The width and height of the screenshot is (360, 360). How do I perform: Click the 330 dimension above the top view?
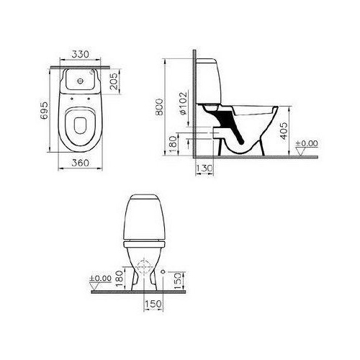coord(81,55)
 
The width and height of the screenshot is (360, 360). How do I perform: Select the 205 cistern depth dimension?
coord(114,81)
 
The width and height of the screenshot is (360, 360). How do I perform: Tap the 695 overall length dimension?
coord(44,111)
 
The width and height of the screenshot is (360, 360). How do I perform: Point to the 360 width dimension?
coord(81,163)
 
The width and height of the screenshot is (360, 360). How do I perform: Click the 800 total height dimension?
coord(159,107)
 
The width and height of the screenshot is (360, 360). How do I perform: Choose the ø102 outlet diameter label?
coord(183,104)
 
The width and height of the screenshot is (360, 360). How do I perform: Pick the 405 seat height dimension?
coord(284,131)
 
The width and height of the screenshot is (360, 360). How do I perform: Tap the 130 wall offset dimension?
coord(204,168)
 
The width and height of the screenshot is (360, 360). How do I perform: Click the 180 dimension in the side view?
coord(174,144)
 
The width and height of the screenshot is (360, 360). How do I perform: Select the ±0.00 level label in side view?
coord(307,143)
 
